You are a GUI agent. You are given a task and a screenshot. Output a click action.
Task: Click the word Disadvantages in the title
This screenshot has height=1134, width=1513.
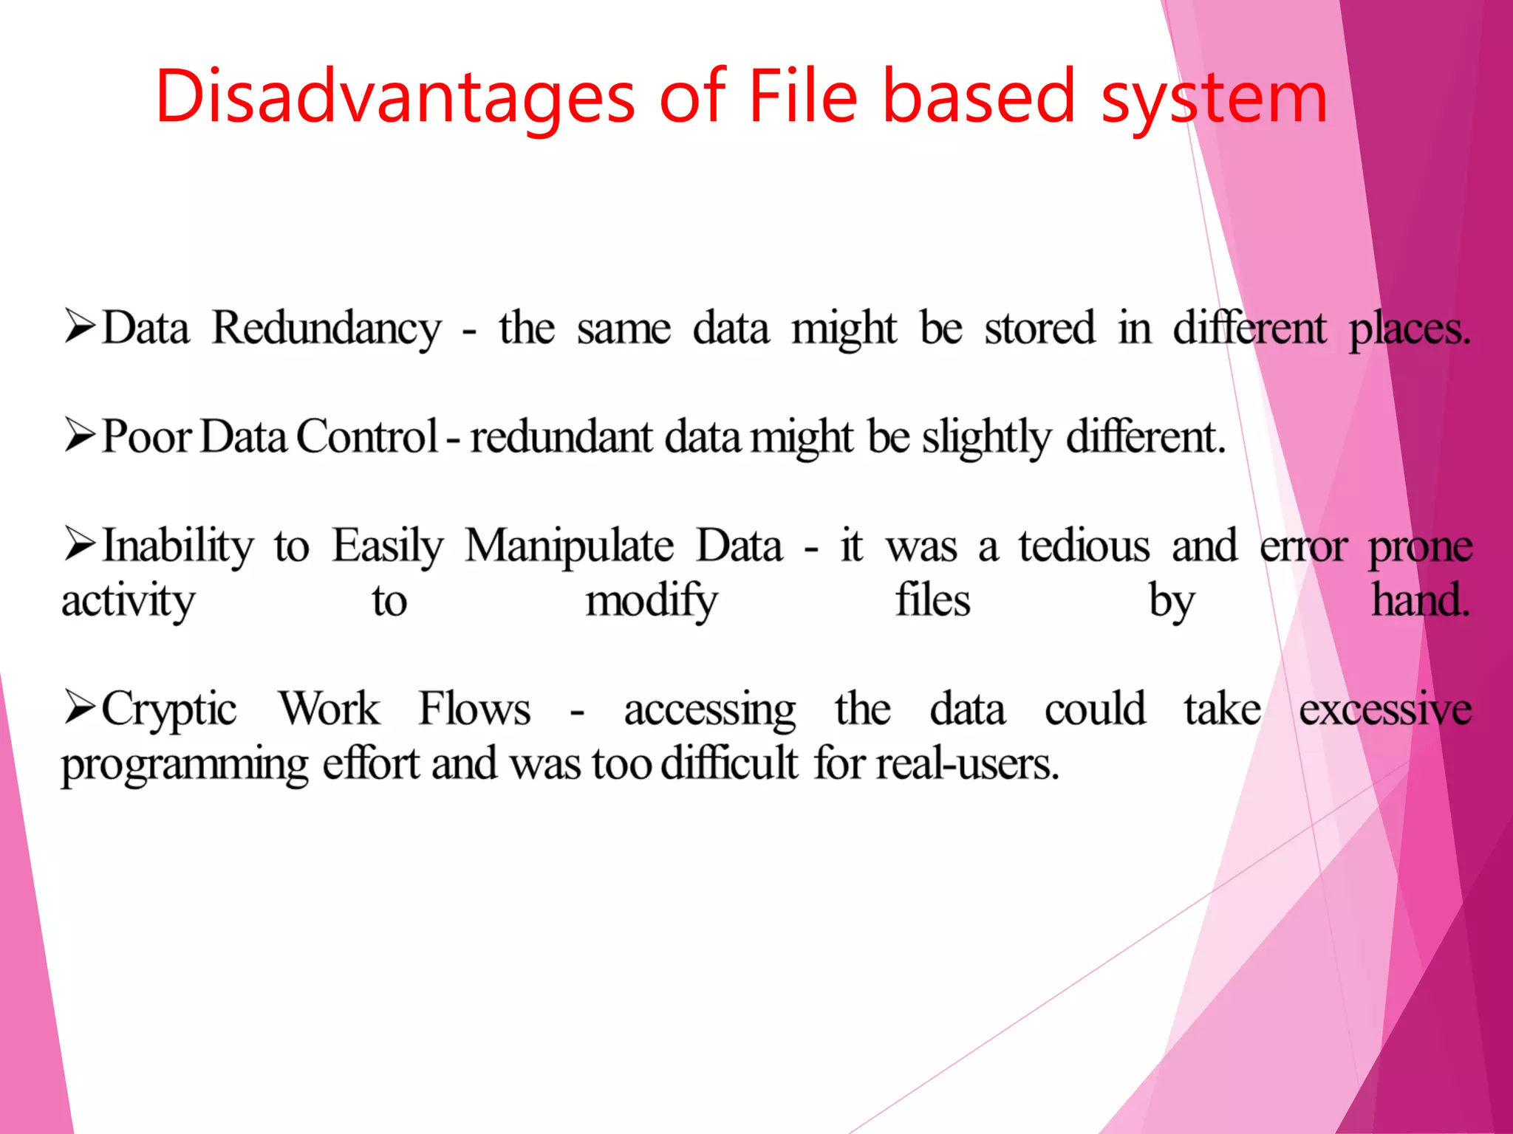[395, 97]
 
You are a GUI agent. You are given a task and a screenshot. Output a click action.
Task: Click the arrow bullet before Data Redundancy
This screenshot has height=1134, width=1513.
[80, 327]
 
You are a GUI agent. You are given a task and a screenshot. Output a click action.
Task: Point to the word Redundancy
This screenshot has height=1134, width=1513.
[327, 329]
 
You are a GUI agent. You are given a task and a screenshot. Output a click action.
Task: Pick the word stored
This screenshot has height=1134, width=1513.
[1039, 328]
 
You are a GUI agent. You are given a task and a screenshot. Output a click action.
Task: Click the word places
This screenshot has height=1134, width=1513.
[1409, 329]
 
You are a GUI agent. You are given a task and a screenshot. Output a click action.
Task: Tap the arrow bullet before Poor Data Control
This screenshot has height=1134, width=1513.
[80, 435]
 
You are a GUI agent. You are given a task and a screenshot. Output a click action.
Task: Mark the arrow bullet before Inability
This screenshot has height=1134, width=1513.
[80, 544]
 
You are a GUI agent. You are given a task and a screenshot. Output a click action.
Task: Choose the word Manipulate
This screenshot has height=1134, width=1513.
[569, 547]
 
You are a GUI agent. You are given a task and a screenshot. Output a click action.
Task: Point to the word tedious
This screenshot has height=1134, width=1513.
[1084, 546]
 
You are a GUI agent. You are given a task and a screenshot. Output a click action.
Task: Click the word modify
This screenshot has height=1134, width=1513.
[651, 601]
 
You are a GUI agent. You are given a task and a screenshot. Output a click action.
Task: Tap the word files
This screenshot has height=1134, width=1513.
[932, 599]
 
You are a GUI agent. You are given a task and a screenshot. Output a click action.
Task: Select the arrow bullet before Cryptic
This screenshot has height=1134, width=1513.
[80, 707]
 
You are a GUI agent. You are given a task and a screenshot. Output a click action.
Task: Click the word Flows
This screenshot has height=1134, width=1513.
[474, 709]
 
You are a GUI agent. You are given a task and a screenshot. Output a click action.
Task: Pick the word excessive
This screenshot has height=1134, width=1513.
[1385, 709]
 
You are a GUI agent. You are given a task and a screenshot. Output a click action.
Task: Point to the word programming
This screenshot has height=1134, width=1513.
[185, 765]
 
